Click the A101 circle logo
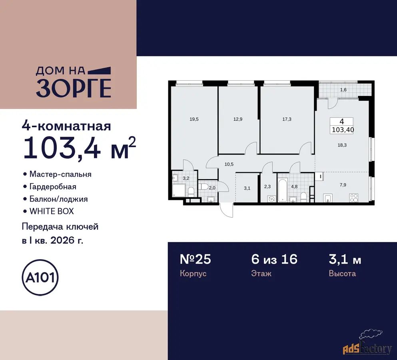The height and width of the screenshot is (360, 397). click(40, 278)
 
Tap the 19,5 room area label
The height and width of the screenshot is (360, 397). click(194, 119)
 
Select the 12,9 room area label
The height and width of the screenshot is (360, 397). click(238, 119)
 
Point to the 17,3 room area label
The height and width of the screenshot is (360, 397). click(287, 119)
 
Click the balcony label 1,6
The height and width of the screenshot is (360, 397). click(343, 90)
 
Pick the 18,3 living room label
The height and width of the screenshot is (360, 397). click(342, 145)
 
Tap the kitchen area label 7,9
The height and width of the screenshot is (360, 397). click(343, 185)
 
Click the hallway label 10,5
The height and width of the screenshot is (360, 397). click(229, 164)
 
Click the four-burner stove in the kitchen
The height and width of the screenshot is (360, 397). click(354, 198)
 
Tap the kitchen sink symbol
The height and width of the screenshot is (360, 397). click(328, 198)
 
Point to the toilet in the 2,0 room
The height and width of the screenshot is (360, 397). click(203, 186)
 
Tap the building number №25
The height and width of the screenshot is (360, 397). click(195, 259)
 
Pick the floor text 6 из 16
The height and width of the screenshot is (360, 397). click(274, 259)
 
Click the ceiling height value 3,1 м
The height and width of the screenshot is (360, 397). click(345, 260)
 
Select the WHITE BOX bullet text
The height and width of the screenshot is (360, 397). click(52, 211)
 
